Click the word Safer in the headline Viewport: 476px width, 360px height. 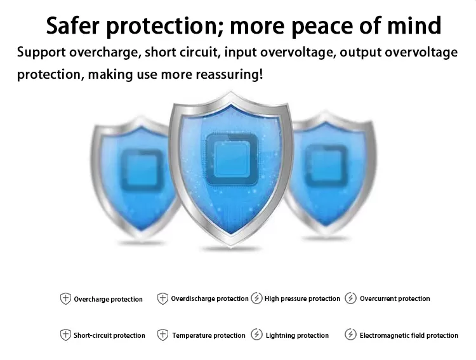click(72, 25)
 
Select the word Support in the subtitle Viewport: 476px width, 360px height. click(41, 53)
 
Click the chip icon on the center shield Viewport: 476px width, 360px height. click(232, 159)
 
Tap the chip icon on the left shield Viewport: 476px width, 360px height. click(142, 170)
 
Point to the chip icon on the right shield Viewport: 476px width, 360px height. click(326, 166)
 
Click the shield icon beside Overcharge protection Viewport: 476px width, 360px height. click(65, 299)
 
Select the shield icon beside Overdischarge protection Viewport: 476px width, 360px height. click(162, 298)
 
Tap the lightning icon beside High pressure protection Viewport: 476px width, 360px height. click(256, 298)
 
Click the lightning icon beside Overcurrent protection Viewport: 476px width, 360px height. click(350, 298)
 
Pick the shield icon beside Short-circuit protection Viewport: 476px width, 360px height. click(65, 335)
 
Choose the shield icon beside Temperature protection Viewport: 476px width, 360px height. click(162, 335)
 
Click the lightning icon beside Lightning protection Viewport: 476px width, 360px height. click(256, 335)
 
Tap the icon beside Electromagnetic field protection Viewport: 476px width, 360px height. click(350, 335)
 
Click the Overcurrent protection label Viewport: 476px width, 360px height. click(395, 298)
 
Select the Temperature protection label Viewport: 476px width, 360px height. click(209, 335)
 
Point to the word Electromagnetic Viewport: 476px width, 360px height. click(385, 335)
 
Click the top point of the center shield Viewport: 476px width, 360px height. click(231, 92)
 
